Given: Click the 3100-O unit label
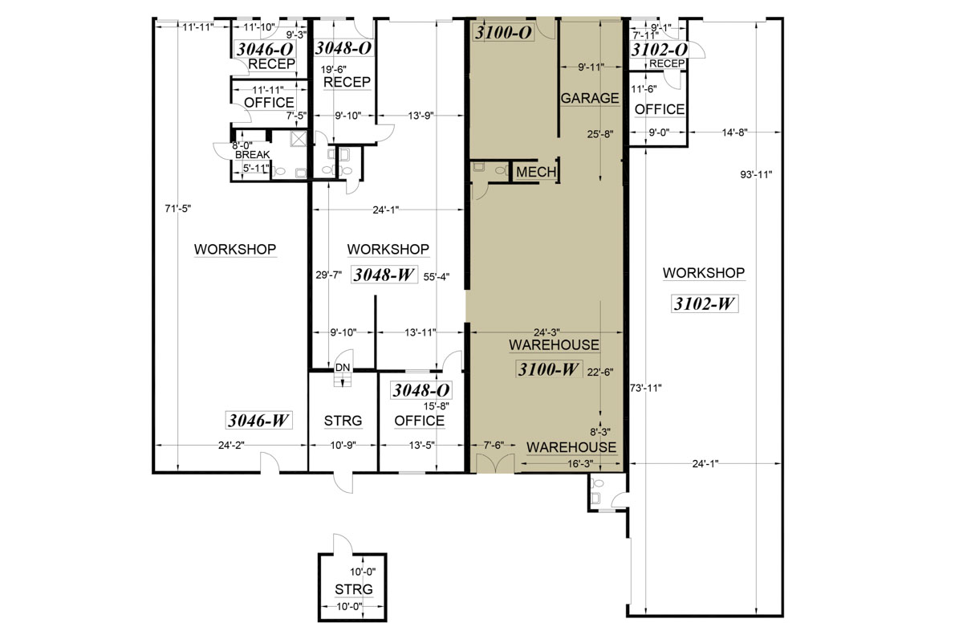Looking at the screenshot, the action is [503, 32].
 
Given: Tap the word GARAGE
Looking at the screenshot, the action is [590, 98].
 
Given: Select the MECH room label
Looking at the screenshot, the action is [536, 172].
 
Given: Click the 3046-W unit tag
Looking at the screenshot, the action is [258, 420].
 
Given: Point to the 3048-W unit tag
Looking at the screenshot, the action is [384, 275].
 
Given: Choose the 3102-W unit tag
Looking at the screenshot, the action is [705, 303].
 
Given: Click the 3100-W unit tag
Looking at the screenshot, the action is [549, 369].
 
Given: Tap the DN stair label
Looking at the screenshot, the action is [343, 368].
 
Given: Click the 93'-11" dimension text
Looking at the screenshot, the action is [756, 175].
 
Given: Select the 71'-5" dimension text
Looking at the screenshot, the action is [178, 209].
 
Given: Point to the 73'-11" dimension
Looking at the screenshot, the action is [646, 388].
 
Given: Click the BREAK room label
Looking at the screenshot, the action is [252, 154].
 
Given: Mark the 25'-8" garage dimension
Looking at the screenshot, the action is [600, 134].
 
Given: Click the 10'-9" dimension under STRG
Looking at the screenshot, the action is [343, 446].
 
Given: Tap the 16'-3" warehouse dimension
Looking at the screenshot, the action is [580, 464].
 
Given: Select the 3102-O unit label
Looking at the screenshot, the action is [659, 50].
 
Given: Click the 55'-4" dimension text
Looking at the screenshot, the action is [437, 277].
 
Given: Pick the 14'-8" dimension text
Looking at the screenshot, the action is [735, 132].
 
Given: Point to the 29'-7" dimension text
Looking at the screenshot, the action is [329, 275].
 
